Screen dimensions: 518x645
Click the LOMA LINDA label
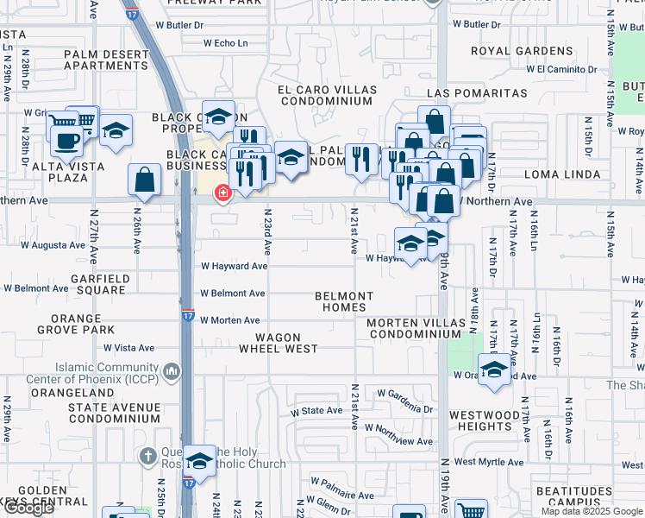tap(567, 174)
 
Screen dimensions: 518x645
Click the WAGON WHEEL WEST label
tap(279, 343)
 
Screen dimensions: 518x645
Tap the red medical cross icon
tap(222, 193)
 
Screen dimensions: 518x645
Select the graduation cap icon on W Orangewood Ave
tap(494, 371)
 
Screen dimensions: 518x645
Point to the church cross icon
tap(148, 455)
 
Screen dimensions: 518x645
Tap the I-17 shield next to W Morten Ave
tap(187, 316)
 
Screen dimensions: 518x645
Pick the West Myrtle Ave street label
tap(489, 462)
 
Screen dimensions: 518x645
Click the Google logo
tap(28, 508)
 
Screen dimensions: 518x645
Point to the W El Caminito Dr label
tap(554, 68)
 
